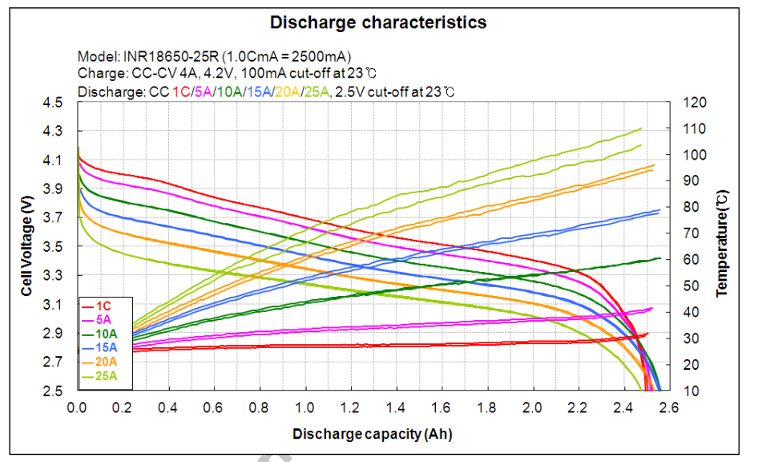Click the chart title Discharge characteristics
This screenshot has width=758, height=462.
tap(377, 22)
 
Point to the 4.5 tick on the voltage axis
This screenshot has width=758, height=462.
tap(52, 103)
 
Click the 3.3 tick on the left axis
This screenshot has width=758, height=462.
tap(52, 276)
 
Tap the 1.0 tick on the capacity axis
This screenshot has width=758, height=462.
tap(304, 408)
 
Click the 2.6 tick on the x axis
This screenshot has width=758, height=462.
tap(668, 408)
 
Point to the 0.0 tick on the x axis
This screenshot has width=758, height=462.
tap(77, 408)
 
